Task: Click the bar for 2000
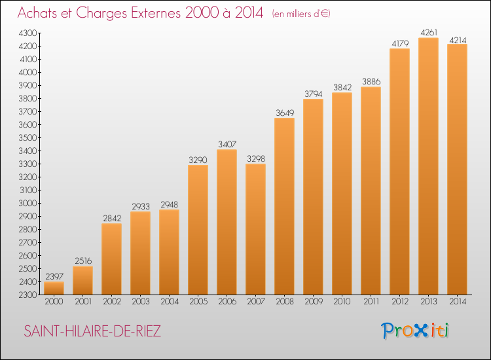54,288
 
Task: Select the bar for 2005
198,230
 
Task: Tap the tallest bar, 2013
428,166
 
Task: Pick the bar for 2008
284,206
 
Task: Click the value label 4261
429,33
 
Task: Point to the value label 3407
227,144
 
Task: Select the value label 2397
54,276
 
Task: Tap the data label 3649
285,113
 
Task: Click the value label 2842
112,218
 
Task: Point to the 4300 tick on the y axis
28,33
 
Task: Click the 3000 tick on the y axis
28,203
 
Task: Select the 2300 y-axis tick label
28,295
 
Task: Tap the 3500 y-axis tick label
28,137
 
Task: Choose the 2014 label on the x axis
458,302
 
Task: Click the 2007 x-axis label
256,302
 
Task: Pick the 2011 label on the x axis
371,302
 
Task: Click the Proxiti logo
414,331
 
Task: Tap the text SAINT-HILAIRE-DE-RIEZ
92,331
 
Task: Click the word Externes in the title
155,12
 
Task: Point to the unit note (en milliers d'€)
301,14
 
